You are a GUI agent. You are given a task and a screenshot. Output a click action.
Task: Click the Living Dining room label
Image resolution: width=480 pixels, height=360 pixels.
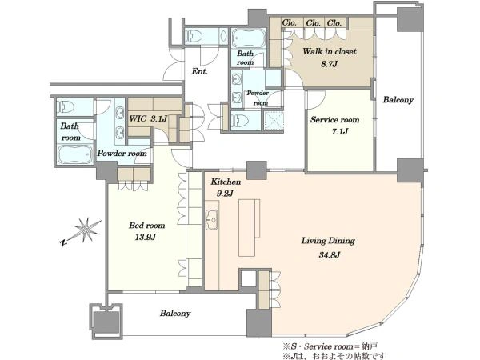(328, 241)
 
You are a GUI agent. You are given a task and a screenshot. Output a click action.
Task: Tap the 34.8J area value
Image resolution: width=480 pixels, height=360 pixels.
(330, 254)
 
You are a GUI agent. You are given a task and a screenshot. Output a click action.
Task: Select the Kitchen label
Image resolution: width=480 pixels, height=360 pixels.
(226, 182)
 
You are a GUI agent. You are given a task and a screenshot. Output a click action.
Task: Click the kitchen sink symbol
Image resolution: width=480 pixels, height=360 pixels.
(211, 220)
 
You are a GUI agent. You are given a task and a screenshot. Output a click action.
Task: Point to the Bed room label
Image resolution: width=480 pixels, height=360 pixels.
(147, 226)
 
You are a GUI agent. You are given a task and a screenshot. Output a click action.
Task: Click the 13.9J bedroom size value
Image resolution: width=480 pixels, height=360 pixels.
(146, 238)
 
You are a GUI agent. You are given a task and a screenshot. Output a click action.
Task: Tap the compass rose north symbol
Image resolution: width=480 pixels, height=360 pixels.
(81, 231)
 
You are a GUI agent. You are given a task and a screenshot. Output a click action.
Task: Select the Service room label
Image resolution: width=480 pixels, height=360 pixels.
(335, 120)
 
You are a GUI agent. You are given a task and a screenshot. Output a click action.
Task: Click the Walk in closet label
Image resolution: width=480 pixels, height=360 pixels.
(330, 51)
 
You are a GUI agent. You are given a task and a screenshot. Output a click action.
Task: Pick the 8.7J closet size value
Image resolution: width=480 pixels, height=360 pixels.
(330, 64)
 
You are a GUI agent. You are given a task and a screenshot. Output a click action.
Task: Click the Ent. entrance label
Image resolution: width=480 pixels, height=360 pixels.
(199, 72)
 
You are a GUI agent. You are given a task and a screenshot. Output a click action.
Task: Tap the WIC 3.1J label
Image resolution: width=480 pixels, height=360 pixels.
(148, 118)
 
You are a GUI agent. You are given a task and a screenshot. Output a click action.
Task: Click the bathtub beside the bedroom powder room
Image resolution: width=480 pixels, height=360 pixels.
(75, 154)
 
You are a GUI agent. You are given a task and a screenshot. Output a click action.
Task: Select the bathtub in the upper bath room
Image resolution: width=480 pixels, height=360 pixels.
(249, 38)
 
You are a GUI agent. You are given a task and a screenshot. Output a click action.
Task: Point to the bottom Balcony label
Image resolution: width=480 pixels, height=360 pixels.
(175, 314)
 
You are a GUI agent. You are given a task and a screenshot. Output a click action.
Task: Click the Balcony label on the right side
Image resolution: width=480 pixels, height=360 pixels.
(398, 100)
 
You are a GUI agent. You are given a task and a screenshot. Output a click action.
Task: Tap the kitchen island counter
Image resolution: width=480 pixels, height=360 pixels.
(246, 228)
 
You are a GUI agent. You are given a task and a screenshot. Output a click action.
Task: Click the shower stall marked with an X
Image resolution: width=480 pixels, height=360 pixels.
(274, 121)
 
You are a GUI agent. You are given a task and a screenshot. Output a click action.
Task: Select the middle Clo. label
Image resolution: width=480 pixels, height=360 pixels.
(313, 23)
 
